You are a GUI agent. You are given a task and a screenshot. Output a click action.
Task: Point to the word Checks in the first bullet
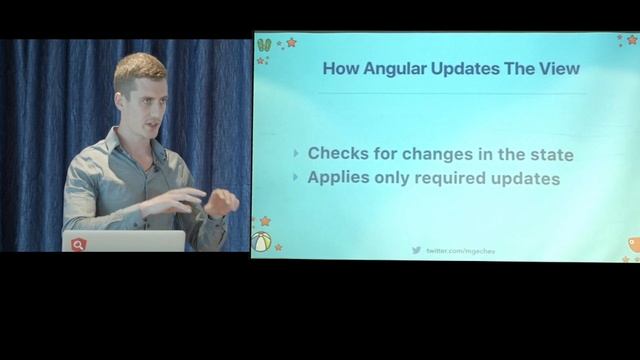coord(338,154)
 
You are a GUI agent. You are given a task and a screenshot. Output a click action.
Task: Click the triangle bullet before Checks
coord(296,154)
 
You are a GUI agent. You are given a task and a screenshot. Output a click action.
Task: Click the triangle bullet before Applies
coord(296,178)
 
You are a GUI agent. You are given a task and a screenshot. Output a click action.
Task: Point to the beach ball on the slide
coord(262,242)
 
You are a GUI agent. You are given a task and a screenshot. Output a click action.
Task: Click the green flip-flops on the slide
coord(264,45)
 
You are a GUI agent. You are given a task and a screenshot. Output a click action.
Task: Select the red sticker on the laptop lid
coord(79,244)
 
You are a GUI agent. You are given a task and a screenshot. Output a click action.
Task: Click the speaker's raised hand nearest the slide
coord(221,202)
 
